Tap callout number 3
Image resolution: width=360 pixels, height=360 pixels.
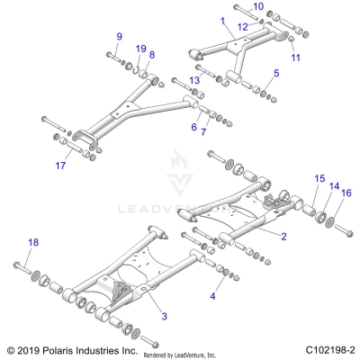point(164,316)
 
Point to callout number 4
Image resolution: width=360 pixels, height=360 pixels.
point(212,294)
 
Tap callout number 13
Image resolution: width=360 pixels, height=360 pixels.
point(194,81)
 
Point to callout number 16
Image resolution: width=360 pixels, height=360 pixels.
point(345,193)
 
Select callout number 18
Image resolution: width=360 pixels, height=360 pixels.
point(32,243)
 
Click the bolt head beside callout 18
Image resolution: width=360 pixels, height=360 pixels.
point(18,266)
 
